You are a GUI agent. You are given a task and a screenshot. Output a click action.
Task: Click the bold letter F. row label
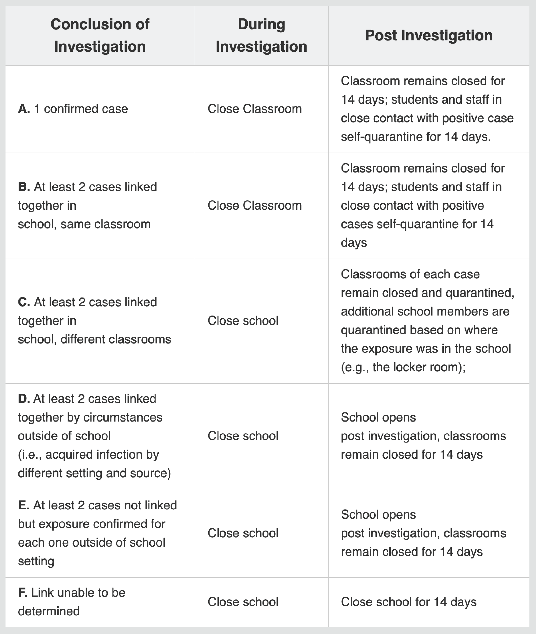coord(22,592)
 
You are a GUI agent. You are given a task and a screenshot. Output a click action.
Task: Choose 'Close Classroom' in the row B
coord(254,206)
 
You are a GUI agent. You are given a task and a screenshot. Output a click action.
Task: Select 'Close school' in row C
coord(243,321)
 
